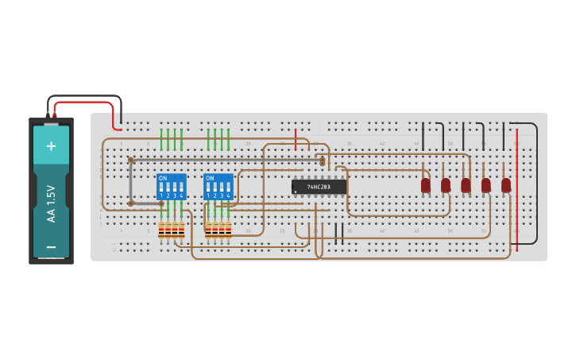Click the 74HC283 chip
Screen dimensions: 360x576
[x=319, y=187]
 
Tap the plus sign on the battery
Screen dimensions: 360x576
[x=52, y=145]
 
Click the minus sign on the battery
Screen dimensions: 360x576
[x=52, y=246]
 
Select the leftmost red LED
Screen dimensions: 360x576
[x=426, y=185]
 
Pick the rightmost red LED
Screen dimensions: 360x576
[x=506, y=185]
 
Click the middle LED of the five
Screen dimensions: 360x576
[x=466, y=185]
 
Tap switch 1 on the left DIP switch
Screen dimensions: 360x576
[x=161, y=188]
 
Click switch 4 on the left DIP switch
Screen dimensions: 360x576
[x=182, y=188]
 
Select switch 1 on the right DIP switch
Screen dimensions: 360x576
[x=208, y=188]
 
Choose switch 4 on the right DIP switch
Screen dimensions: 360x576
[x=229, y=188]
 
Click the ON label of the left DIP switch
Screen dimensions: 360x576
[x=163, y=178]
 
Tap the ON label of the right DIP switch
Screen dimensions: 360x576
[x=210, y=178]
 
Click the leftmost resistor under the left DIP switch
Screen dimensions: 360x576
[x=161, y=230]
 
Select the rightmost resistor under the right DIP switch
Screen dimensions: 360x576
[x=229, y=230]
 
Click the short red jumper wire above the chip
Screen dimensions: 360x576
[x=296, y=139]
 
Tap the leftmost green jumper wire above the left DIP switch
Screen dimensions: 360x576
[x=161, y=139]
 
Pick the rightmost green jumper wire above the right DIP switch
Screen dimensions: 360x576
[x=229, y=139]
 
